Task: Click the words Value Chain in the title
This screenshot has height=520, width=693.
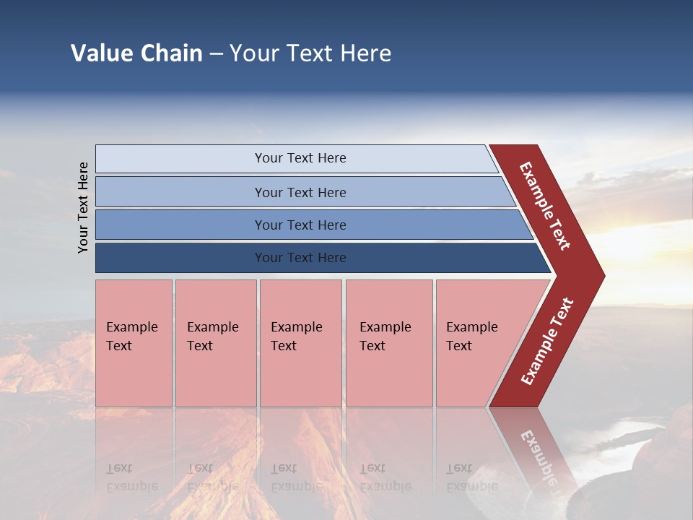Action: tap(136, 53)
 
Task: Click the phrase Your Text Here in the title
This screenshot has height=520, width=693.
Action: tap(310, 53)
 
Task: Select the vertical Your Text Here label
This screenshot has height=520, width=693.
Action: tap(83, 207)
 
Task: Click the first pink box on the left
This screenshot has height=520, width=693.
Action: tap(134, 343)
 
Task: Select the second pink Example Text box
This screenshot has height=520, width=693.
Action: tap(216, 343)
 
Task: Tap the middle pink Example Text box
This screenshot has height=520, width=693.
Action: tap(300, 343)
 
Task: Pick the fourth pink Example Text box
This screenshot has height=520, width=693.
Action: tap(389, 343)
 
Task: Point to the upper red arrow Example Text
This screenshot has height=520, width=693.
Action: tap(545, 206)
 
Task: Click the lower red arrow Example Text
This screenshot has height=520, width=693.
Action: tap(547, 342)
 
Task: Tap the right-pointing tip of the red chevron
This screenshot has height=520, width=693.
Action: tap(601, 276)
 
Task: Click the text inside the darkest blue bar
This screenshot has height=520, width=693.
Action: tap(300, 258)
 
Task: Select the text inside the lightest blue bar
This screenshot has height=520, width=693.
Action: tap(300, 158)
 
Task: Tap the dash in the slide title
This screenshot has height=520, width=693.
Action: tap(216, 53)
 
